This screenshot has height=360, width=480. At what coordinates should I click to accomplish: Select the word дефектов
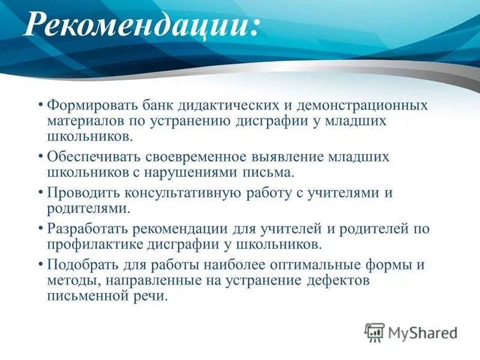[x=343, y=281]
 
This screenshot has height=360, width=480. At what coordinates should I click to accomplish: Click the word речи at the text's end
[x=151, y=296]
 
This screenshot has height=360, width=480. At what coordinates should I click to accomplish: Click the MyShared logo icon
[x=375, y=332]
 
